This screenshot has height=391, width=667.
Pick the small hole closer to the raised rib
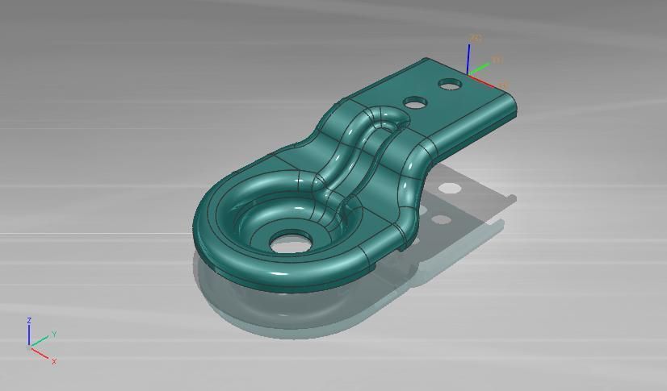click(x=416, y=102)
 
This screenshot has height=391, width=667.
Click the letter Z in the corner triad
click(x=29, y=321)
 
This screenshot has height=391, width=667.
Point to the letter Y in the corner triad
click(x=54, y=334)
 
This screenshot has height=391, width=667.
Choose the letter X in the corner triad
click(x=54, y=361)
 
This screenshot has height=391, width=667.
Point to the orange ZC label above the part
click(x=476, y=39)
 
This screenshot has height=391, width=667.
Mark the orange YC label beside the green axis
click(x=497, y=60)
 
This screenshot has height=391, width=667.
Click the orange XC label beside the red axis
click(x=503, y=85)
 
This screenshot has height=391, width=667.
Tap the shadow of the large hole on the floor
click(x=443, y=218)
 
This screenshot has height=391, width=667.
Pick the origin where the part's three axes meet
click(x=469, y=74)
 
